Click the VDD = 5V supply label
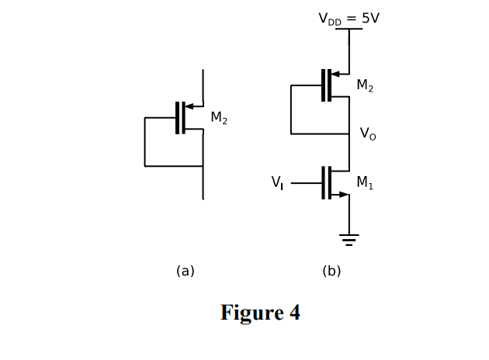349,17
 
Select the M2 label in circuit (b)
365,86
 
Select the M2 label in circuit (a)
219,118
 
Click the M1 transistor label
364,182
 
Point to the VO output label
366,133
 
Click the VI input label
277,182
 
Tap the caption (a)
185,271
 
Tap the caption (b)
331,271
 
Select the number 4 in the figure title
294,313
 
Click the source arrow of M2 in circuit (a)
189,106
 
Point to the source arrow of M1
342,194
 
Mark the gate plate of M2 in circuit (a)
178,118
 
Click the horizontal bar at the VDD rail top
349,29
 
